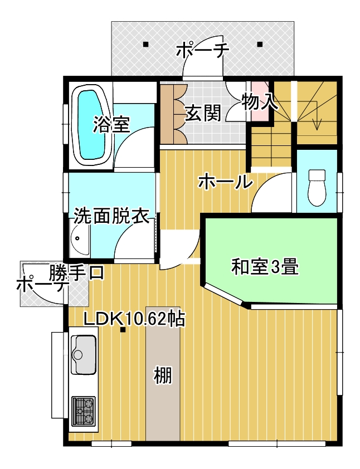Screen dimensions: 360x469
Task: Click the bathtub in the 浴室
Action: pyautogui.click(x=91, y=126)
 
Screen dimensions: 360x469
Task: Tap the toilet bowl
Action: pyautogui.click(x=317, y=188)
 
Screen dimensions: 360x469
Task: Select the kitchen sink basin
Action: pyautogui.click(x=84, y=354)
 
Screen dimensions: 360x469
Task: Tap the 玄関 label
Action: pyautogui.click(x=203, y=114)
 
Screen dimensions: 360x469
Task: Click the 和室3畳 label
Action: pyautogui.click(x=265, y=267)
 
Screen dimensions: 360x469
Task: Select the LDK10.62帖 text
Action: pyautogui.click(x=134, y=319)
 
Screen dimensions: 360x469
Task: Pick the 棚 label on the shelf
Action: pyautogui.click(x=163, y=375)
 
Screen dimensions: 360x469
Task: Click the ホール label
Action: pyautogui.click(x=225, y=182)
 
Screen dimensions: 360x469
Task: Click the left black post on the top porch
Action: pyautogui.click(x=145, y=45)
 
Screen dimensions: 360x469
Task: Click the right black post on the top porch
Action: pyautogui.click(x=260, y=45)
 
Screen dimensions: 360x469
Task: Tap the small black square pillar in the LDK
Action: pyautogui.click(x=123, y=330)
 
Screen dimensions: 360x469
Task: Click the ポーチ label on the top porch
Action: pyautogui.click(x=203, y=51)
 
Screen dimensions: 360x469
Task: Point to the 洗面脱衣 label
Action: pyautogui.click(x=111, y=216)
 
